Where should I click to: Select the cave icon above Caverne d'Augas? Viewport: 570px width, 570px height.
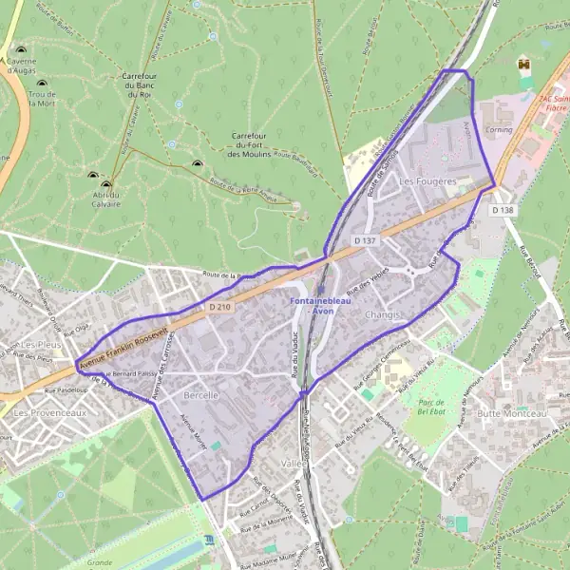pyautogui.click(x=20, y=49)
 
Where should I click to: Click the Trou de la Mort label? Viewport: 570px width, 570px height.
pyautogui.click(x=42, y=99)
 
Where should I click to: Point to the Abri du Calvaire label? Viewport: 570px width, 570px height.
pyautogui.click(x=105, y=199)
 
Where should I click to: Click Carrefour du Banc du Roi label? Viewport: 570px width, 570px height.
pyautogui.click(x=139, y=85)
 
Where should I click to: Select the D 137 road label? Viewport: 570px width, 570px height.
pyautogui.click(x=365, y=241)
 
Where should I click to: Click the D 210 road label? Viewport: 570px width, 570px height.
pyautogui.click(x=218, y=308)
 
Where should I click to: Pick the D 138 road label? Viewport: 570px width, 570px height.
pyautogui.click(x=503, y=208)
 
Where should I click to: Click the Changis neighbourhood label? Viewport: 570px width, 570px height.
pyautogui.click(x=383, y=313)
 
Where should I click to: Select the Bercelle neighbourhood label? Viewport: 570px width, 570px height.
pyautogui.click(x=201, y=393)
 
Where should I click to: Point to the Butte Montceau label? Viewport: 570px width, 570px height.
pyautogui.click(x=513, y=414)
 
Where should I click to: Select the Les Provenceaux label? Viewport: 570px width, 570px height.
pyautogui.click(x=49, y=414)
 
